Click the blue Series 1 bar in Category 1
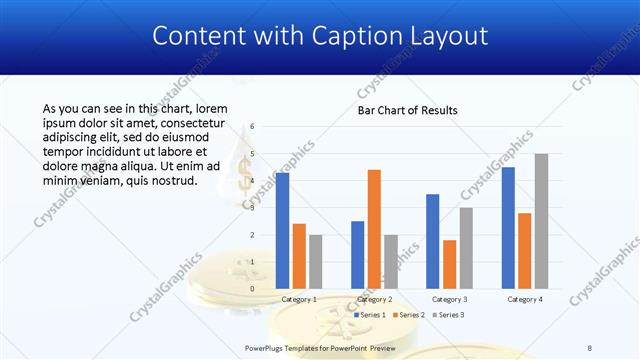[x=282, y=230]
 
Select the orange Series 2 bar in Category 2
[x=374, y=229]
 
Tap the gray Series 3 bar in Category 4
[x=541, y=221]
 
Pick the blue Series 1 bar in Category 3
[x=432, y=241]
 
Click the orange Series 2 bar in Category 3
[x=449, y=264]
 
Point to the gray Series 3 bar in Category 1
[x=316, y=261]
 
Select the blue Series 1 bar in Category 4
[x=508, y=227]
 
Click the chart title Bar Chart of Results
[x=408, y=110]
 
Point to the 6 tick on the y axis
[x=253, y=127]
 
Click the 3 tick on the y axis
[x=253, y=208]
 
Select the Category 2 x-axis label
[x=374, y=299]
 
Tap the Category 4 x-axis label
[x=525, y=299]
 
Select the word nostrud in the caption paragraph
[x=175, y=181]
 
